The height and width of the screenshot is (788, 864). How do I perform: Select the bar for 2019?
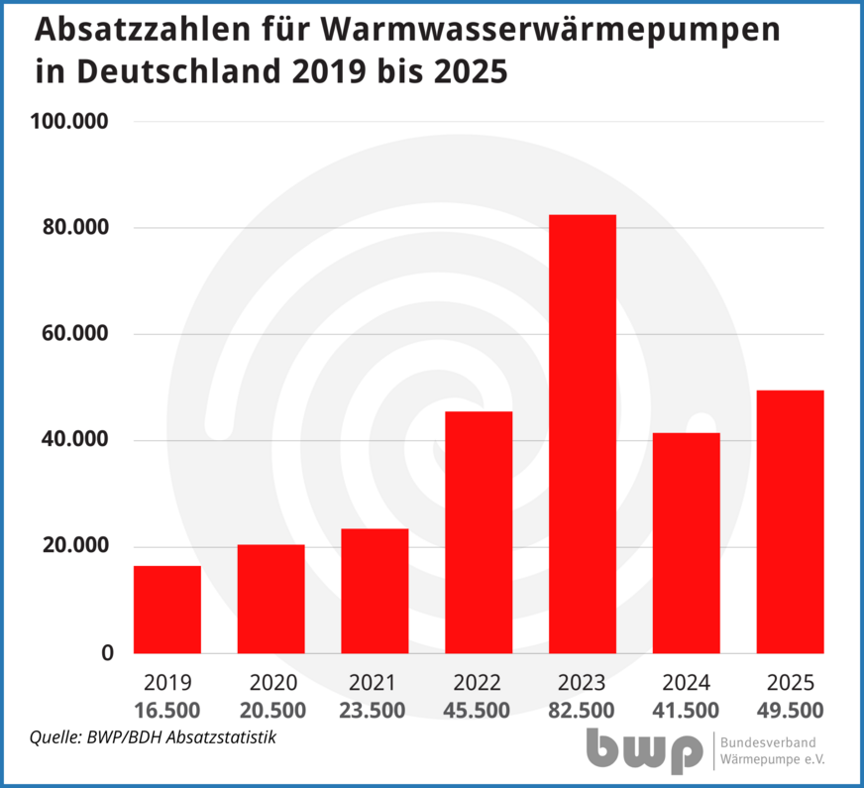tap(167, 610)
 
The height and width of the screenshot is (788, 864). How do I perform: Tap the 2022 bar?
tap(479, 532)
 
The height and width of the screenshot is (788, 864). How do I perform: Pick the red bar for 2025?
tap(790, 521)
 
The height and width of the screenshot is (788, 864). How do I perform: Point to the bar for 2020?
tap(270, 599)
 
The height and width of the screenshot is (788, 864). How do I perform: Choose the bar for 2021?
tap(375, 591)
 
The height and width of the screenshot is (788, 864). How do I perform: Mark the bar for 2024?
tap(686, 543)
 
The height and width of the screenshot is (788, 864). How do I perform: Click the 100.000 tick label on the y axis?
tap(70, 122)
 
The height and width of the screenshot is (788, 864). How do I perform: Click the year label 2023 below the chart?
tap(583, 683)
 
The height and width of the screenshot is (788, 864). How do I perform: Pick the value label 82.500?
tap(583, 711)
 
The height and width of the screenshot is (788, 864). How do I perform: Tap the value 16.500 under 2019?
tap(167, 711)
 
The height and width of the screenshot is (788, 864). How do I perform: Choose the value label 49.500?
tap(790, 711)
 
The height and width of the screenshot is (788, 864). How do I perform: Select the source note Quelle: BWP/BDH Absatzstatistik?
tap(153, 737)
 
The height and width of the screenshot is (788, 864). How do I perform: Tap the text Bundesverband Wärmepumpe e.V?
tap(774, 752)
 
